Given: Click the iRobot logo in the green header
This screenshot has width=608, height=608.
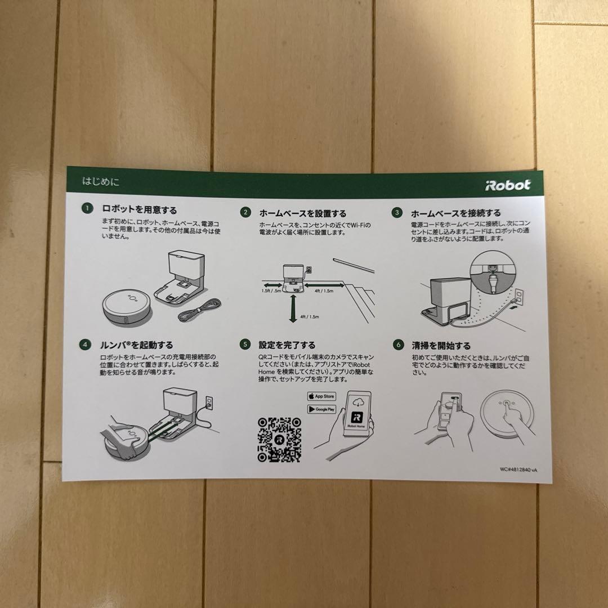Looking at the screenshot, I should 507,185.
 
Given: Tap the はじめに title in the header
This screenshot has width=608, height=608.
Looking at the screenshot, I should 101,182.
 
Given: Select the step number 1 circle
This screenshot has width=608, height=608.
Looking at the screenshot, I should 86,209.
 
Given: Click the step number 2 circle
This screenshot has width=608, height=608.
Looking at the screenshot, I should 245,212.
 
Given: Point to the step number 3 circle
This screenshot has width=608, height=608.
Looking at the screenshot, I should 397,213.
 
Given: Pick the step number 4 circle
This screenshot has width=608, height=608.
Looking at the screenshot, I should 85,344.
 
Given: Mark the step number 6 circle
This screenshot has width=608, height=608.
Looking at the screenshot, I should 398,345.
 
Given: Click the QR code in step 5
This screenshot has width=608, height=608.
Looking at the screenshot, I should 279,439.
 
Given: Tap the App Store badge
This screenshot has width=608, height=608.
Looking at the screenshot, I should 321,396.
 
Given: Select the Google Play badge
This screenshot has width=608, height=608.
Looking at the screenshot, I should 321,409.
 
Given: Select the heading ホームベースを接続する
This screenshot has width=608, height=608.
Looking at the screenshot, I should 455,213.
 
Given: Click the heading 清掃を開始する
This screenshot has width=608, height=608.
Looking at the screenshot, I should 441,345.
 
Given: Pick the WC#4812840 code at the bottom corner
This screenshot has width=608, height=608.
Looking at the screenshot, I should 522,468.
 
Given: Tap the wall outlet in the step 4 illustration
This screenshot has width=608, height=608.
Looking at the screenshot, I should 209,402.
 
